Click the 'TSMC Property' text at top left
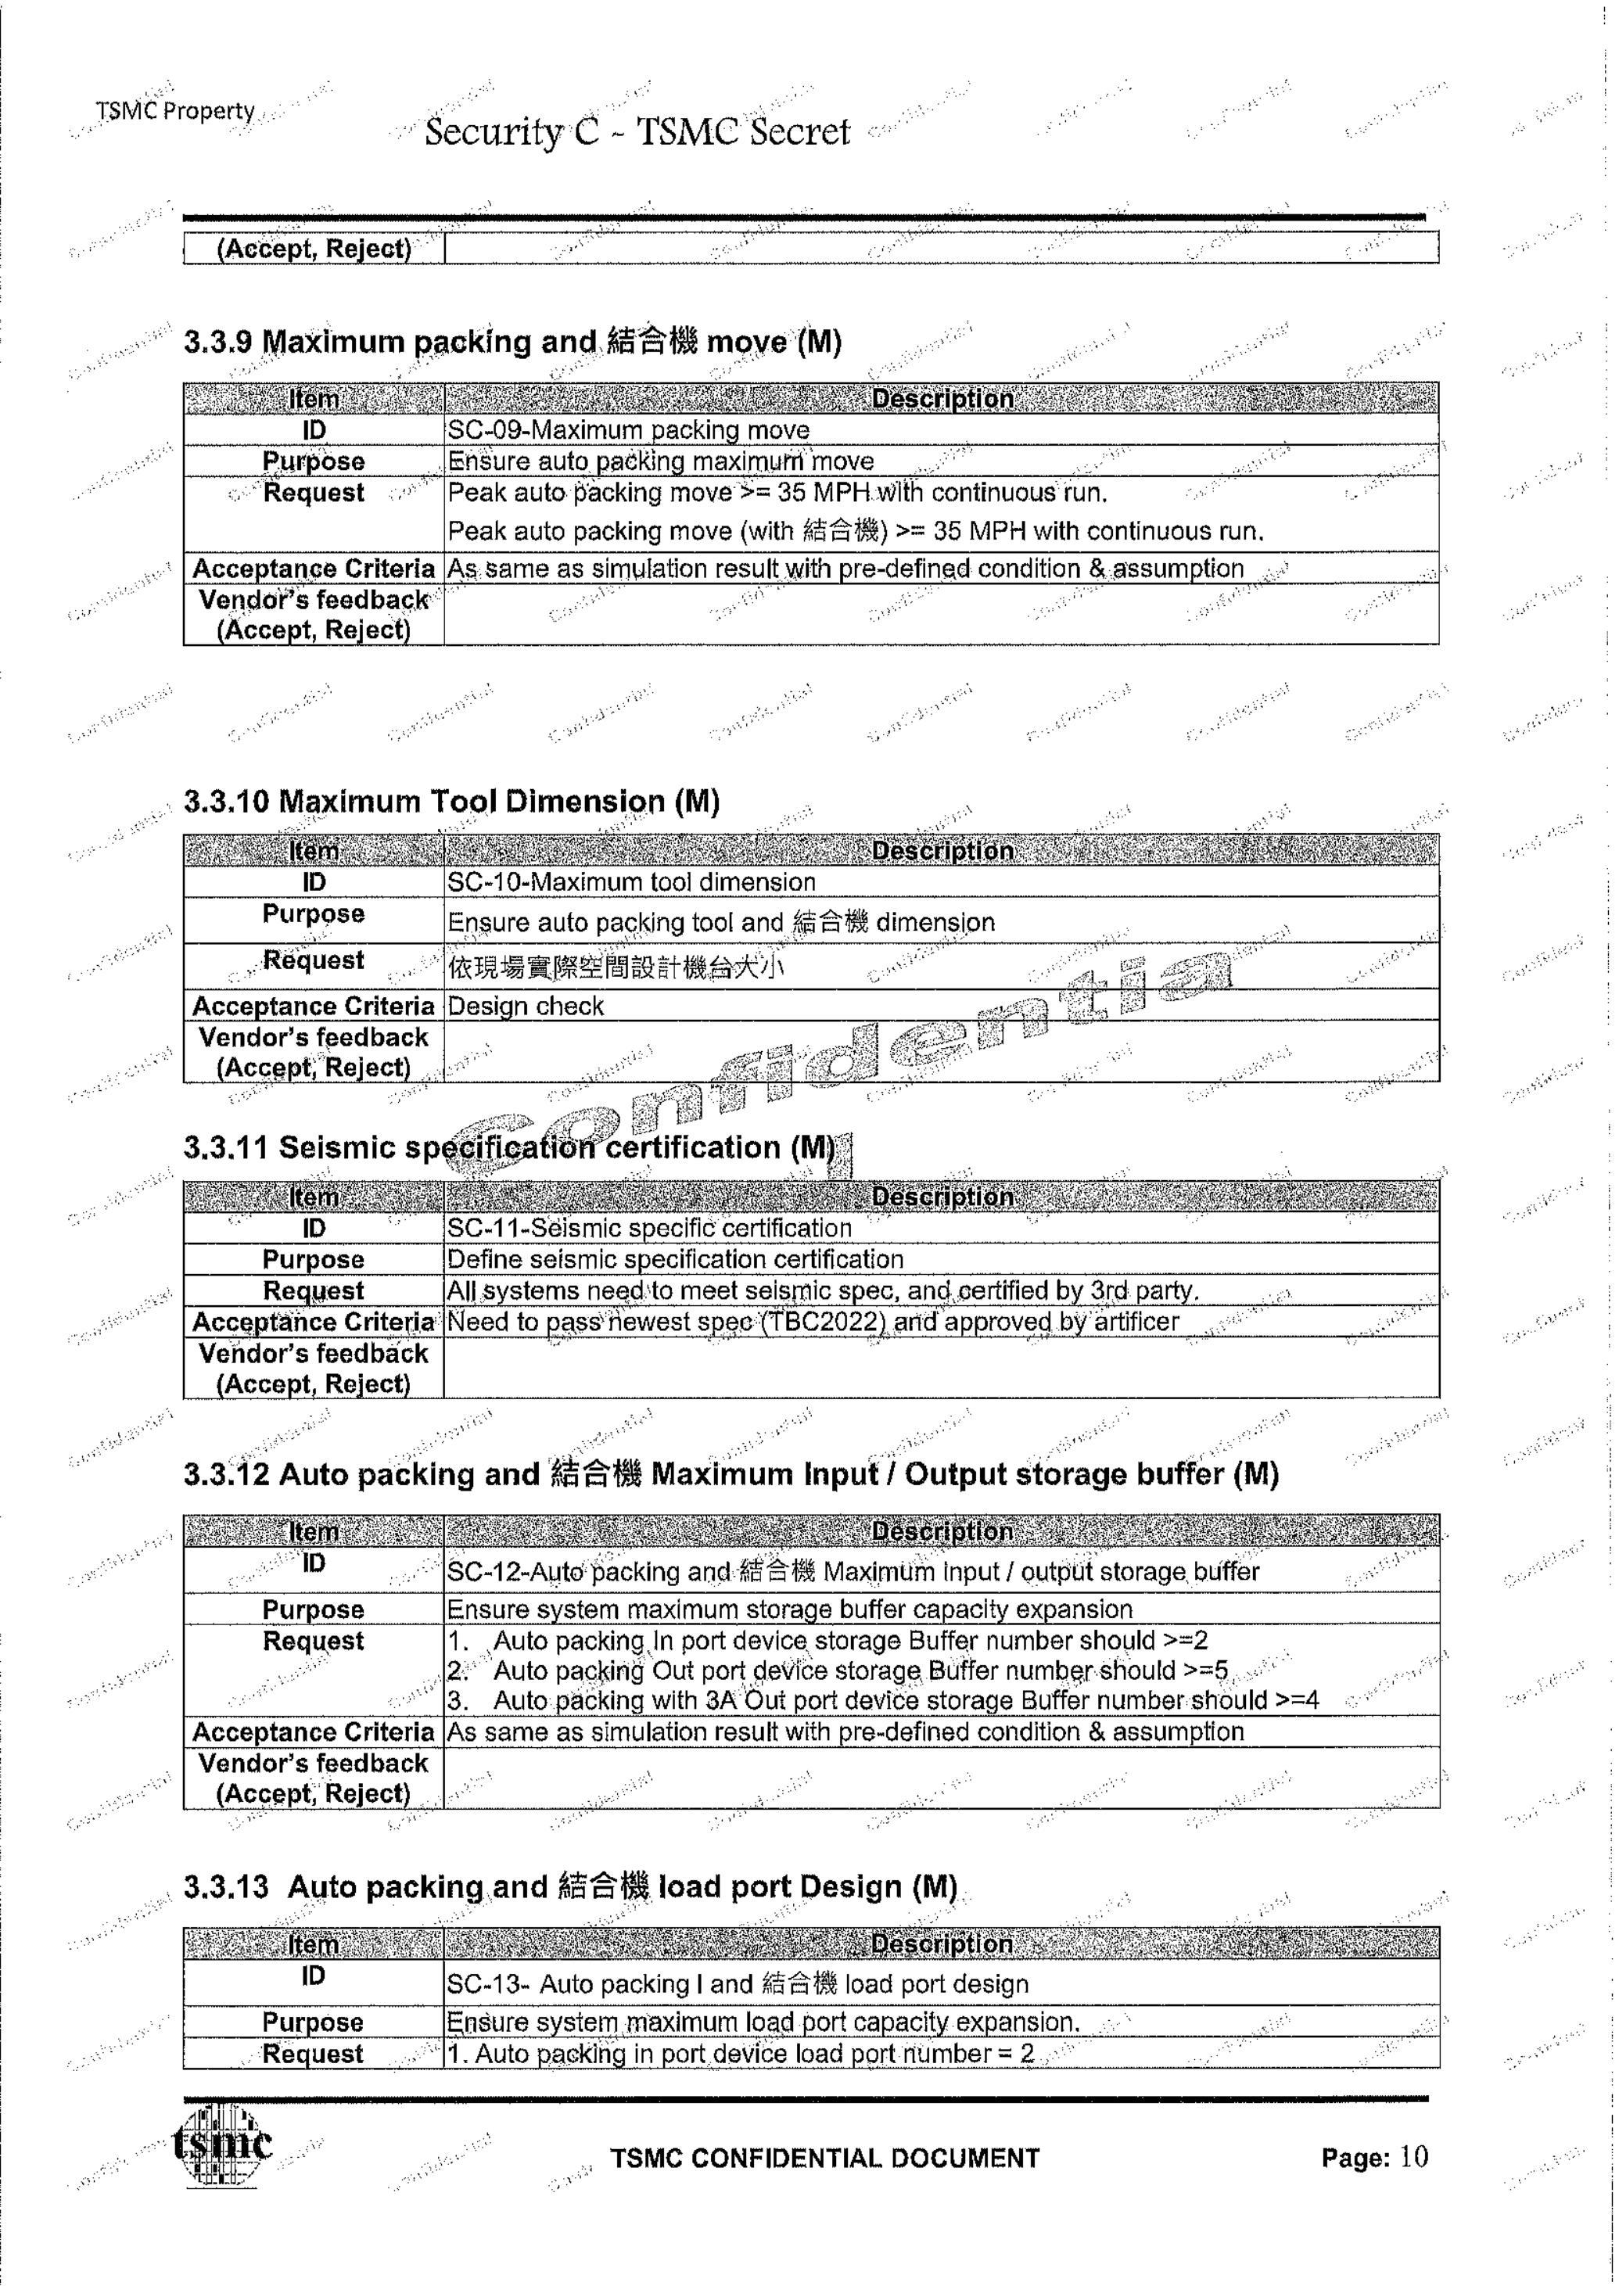coord(175,110)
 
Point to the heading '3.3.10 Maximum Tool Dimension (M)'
coord(451,802)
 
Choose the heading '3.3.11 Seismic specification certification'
coord(509,1147)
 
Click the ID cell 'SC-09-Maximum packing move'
coord(628,431)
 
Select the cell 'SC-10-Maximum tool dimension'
coord(631,882)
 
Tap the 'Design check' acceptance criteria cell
coord(526,1006)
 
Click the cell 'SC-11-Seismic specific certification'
coord(649,1228)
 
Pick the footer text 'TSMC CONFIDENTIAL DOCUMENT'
coord(824,2159)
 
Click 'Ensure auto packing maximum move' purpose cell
coord(660,461)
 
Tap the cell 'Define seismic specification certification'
coord(675,1259)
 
